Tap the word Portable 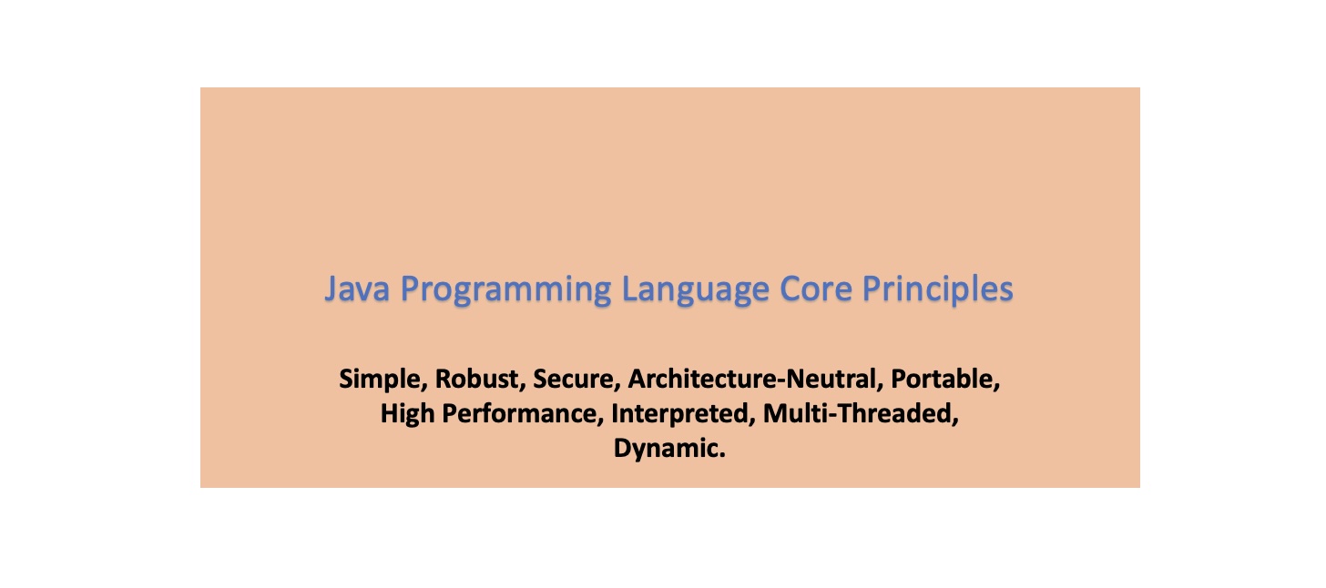(x=945, y=379)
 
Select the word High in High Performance (x=403, y=414)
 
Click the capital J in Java (x=332, y=290)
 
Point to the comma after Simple (x=425, y=385)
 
